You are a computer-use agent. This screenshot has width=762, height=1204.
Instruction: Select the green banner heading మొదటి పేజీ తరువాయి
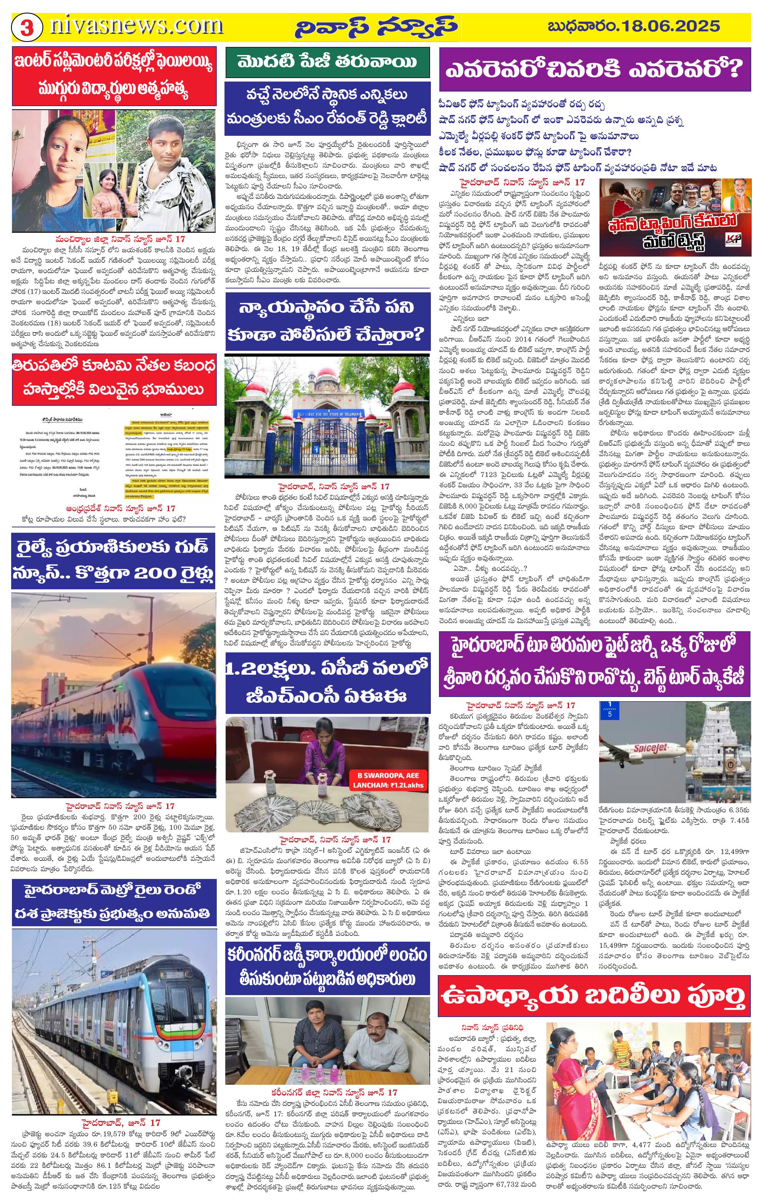(327, 62)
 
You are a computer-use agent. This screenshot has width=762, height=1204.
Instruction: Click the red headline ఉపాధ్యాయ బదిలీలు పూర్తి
(594, 994)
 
